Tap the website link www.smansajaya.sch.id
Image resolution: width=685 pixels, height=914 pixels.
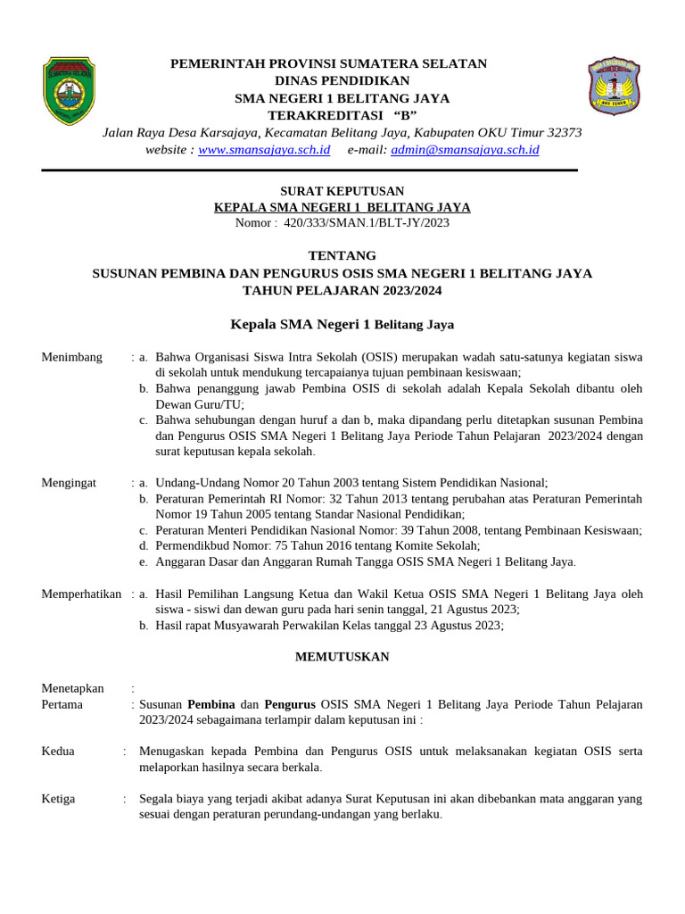pos(264,150)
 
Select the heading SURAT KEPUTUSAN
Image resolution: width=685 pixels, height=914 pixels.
pos(342,191)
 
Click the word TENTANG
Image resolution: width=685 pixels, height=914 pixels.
pos(342,255)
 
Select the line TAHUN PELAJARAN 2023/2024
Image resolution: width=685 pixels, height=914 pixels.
pos(342,290)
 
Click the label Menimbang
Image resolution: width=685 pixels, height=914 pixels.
pos(72,357)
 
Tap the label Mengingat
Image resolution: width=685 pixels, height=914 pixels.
pos(70,482)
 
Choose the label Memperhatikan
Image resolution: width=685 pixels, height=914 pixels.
pos(81,594)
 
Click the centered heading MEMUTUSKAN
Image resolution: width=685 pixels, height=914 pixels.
pos(342,657)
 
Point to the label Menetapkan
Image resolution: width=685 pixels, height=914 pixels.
pos(72,688)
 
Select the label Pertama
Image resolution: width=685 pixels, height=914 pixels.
pos(62,704)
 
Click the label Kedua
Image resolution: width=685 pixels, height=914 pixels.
pos(58,752)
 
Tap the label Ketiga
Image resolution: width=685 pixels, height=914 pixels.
pos(58,799)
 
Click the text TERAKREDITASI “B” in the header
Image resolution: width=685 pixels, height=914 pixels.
pos(342,116)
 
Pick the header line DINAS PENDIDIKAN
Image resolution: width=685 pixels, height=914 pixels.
pos(342,80)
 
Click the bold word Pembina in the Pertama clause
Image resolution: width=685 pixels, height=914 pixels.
pos(211,704)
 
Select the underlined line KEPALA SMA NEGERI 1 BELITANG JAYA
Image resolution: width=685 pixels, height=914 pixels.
pos(342,207)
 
